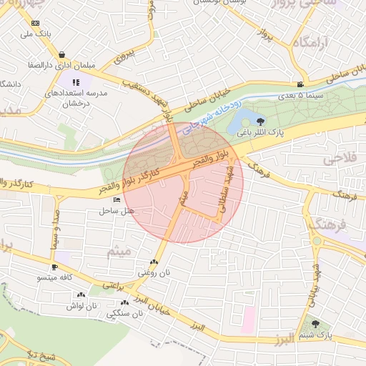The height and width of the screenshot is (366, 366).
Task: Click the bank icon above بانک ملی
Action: pos(36,24)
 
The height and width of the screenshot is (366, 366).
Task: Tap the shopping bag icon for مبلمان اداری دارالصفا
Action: pos(64,54)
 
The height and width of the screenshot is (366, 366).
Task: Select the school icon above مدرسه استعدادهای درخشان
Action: pos(76,82)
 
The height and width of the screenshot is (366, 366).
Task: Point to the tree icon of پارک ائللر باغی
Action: pos(260,122)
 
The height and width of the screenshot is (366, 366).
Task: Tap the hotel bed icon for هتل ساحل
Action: pos(117,201)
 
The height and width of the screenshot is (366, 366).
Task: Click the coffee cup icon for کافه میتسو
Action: pos(54,267)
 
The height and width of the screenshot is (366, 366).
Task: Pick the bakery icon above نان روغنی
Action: pos(154,262)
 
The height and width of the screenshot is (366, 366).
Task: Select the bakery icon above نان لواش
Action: pos(80,295)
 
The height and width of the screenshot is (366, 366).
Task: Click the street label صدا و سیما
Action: pos(54,229)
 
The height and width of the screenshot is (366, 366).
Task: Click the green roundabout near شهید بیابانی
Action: pos(316,241)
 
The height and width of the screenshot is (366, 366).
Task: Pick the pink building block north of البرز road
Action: pos(248,318)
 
